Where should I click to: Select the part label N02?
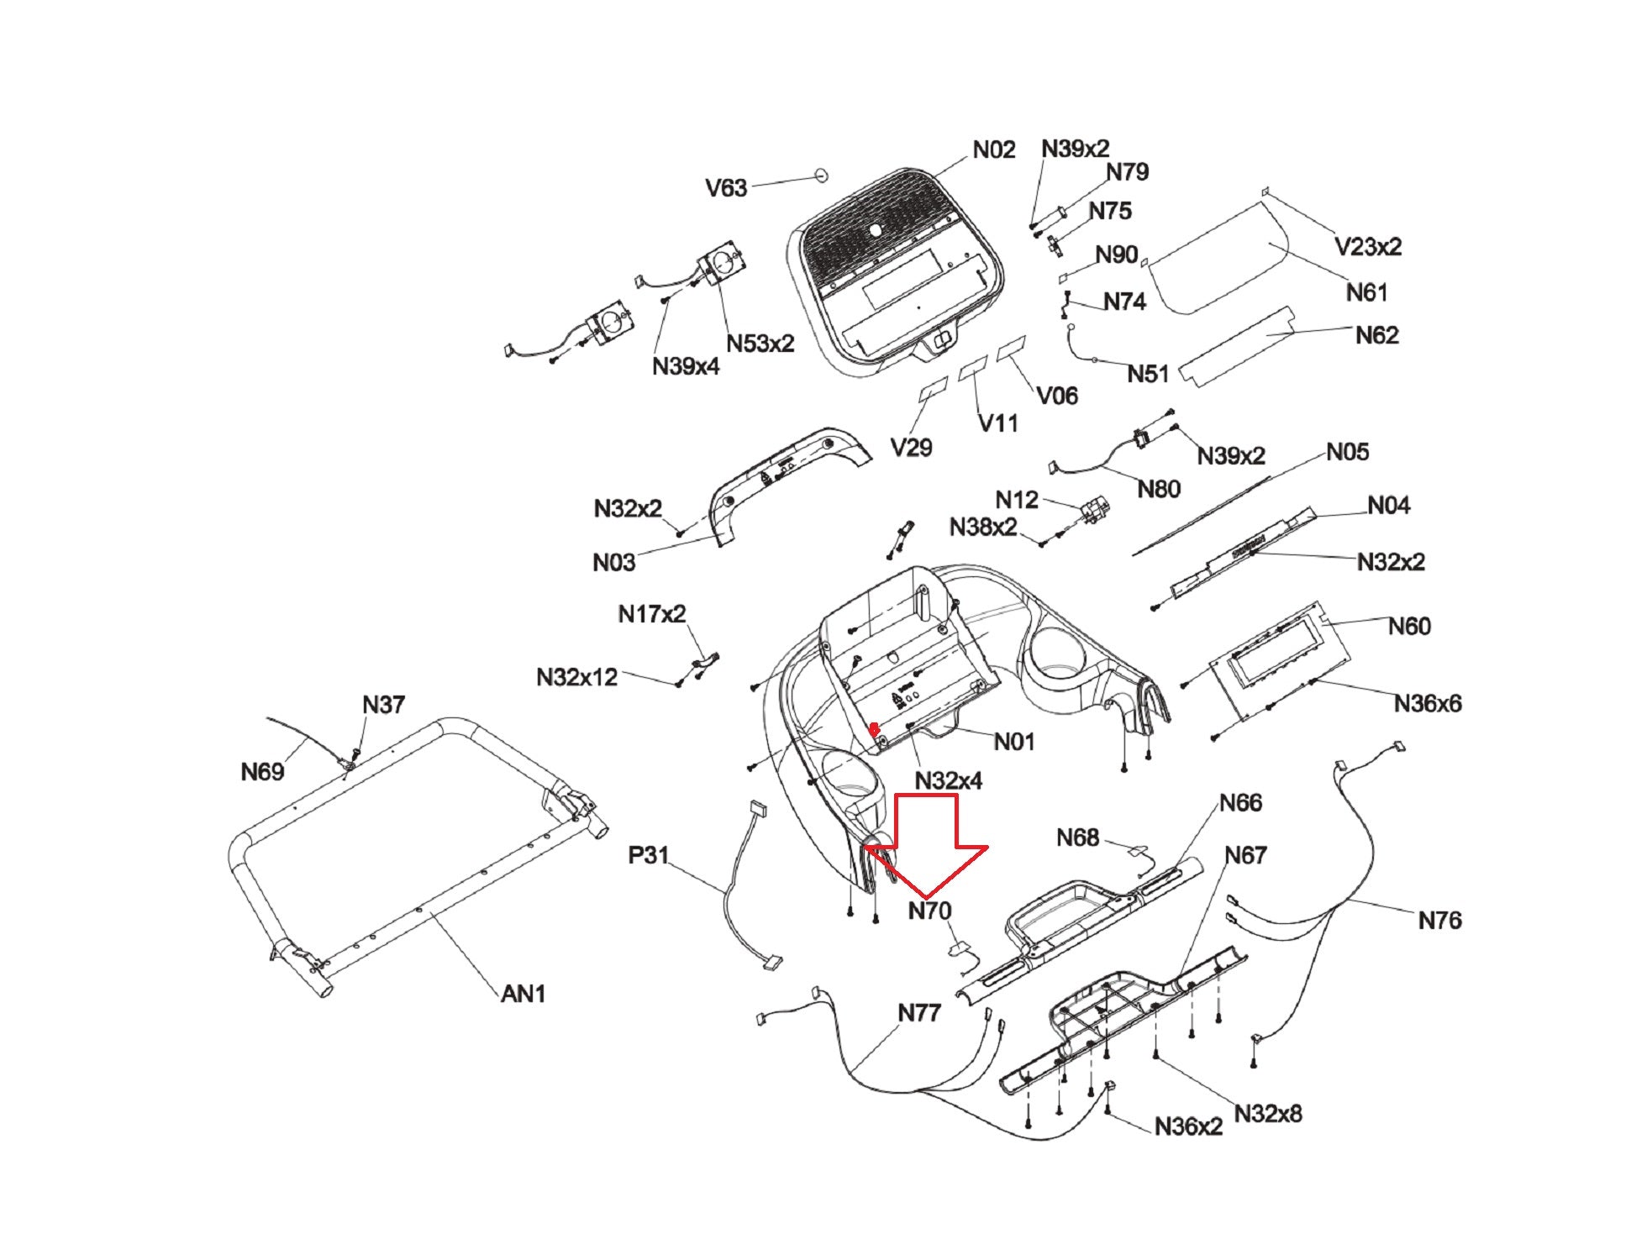point(994,150)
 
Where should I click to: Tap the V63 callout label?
point(726,187)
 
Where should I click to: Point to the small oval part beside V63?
point(820,175)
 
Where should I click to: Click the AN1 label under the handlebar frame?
point(523,994)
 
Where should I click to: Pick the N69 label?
point(262,771)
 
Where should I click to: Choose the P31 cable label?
point(649,855)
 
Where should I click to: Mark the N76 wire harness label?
point(1439,920)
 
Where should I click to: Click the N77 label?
point(919,1012)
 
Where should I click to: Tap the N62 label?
point(1376,335)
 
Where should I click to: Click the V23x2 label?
point(1368,246)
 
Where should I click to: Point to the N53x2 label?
point(760,343)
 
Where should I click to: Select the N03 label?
point(613,562)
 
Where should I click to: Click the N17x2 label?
point(651,614)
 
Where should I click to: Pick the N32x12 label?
point(576,676)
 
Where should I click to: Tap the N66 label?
point(1240,802)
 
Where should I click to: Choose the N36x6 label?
point(1427,703)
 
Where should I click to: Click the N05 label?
point(1347,452)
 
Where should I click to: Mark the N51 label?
point(1147,374)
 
